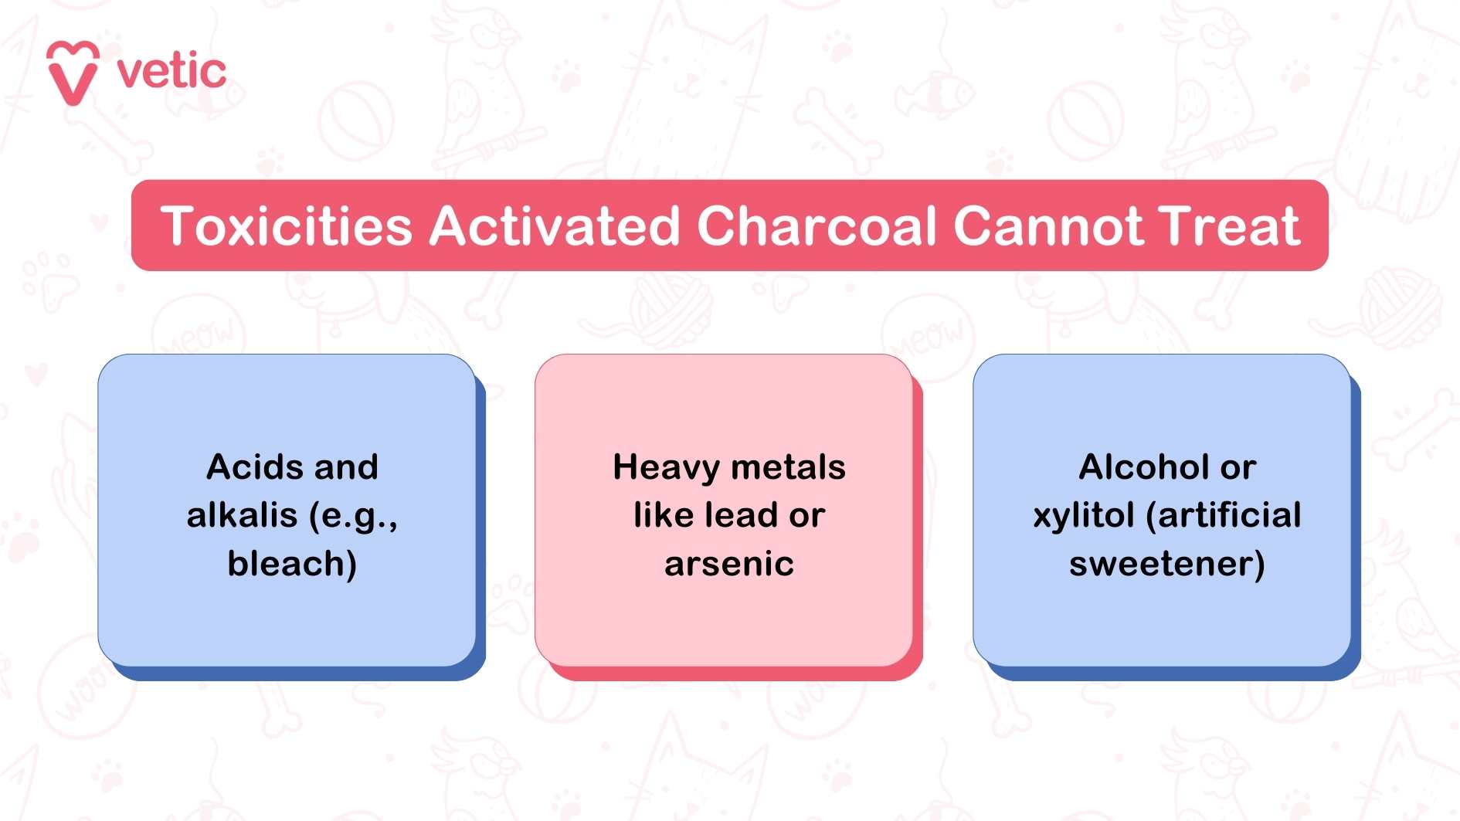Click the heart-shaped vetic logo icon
tap(73, 72)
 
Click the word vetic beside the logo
tap(171, 72)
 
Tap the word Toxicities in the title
tap(287, 226)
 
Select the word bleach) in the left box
tap(292, 564)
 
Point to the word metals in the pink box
tap(788, 467)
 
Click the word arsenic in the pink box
tap(729, 565)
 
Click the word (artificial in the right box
tap(1224, 515)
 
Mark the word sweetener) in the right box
tap(1167, 564)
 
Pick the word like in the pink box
tap(664, 515)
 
